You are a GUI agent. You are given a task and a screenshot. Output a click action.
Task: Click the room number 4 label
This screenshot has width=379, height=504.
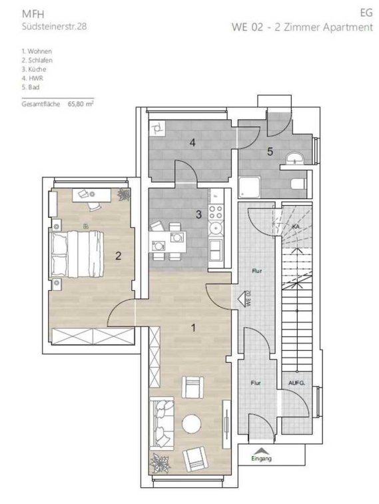click(192, 142)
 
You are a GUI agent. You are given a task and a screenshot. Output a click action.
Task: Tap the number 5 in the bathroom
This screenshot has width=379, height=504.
click(270, 151)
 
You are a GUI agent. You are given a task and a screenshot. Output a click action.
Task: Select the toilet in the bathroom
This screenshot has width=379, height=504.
click(298, 184)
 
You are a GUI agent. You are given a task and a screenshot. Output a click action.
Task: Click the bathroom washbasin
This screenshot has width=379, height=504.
click(295, 158)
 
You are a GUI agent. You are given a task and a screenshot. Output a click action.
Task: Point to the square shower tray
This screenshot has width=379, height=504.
click(250, 187)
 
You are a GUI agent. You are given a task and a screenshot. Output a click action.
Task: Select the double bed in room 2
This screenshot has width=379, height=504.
click(76, 254)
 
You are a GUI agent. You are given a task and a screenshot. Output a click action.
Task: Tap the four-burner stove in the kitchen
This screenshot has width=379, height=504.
click(215, 212)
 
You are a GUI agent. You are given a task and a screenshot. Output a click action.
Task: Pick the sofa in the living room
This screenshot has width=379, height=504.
click(162, 423)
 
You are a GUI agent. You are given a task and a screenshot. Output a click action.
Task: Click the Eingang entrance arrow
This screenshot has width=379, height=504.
click(262, 451)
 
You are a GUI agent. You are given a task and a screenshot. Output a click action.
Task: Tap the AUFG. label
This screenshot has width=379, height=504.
click(296, 383)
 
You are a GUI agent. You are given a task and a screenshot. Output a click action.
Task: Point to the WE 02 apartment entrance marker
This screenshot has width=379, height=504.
click(243, 299)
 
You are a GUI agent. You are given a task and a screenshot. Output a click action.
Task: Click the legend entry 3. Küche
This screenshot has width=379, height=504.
click(34, 69)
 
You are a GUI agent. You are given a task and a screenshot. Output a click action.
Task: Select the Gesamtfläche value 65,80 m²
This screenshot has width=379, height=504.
click(81, 104)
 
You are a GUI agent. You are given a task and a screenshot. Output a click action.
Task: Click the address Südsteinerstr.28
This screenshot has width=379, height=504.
click(54, 26)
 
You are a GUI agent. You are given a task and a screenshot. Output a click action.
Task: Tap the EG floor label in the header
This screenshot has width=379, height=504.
click(366, 13)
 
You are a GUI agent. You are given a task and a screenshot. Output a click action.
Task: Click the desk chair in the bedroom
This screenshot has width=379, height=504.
click(94, 206)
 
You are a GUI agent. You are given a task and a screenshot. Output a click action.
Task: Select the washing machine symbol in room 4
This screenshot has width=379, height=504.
click(157, 127)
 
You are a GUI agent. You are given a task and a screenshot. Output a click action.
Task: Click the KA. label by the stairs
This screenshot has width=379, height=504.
click(296, 226)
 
